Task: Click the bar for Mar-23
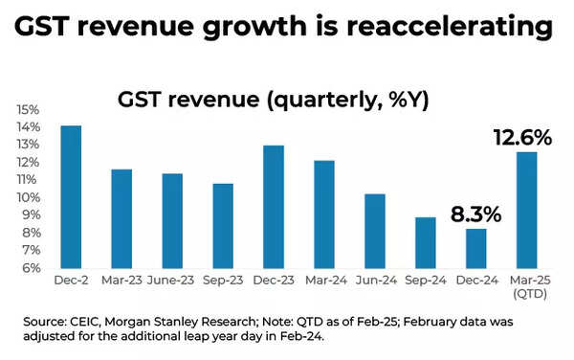pos(121,219)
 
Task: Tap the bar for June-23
pos(172,221)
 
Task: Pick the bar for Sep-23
pos(223,226)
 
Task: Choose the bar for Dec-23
pos(274,207)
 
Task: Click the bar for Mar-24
pos(324,214)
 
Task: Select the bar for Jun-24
pos(375,232)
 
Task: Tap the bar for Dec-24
pos(476,249)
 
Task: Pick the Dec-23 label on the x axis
pos(274,281)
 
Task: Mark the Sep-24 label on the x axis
pos(426,281)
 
